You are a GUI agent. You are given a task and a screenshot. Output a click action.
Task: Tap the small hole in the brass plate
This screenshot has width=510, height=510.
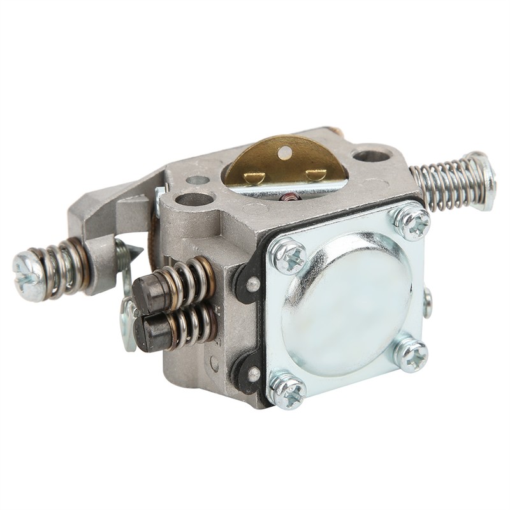284,151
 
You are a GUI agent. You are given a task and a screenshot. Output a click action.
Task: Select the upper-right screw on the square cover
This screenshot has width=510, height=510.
411,221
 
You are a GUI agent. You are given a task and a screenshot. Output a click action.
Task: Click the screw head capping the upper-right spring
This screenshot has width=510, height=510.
484,171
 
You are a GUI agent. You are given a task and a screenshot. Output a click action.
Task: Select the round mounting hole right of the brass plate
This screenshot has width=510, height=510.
370,155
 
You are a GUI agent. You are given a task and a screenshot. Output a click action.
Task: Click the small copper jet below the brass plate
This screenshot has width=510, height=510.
292,196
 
